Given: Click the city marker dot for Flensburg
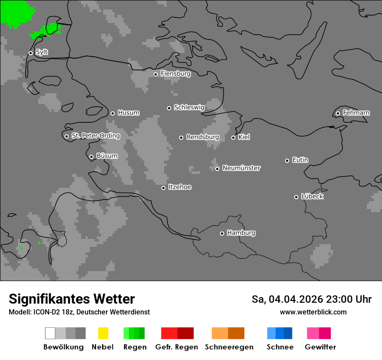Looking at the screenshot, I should coord(155,74).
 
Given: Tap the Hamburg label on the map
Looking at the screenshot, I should coord(241,233).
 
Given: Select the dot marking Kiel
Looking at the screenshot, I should coord(233,137).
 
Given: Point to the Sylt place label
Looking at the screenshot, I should coord(42,52).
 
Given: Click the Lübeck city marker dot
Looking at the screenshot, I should coord(296,197).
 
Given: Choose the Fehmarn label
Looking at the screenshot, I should coord(356,113).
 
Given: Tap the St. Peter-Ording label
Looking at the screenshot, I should coord(95,136).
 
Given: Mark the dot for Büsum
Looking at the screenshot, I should coord(91,157).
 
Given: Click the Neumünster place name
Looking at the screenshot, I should coord(241,168).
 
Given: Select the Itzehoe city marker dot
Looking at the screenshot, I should coord(163,188).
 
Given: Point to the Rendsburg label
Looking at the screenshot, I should coord(203,137).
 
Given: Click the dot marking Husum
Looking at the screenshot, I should coord(112,113).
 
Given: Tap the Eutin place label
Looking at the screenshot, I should coord(300,160).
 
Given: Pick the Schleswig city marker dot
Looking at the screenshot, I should coord(169,108).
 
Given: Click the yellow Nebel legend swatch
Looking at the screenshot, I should coord(103,333).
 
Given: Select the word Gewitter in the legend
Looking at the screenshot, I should coord(320,347).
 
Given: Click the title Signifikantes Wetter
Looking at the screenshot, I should coord(72,299).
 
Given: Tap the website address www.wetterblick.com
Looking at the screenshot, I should coord(313,312).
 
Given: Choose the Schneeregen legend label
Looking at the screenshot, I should coord(229,347).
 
